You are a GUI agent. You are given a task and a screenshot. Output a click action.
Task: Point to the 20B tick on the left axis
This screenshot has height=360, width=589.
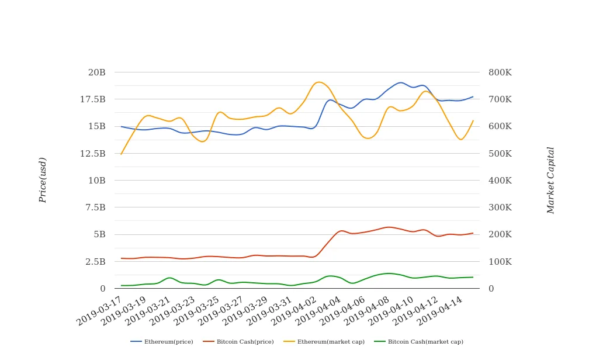pyautogui.click(x=96, y=72)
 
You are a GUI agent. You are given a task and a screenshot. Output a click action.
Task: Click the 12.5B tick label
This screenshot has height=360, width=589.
pyautogui.click(x=93, y=154)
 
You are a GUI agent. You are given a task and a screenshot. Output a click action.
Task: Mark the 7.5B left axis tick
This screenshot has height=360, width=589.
pyautogui.click(x=95, y=207)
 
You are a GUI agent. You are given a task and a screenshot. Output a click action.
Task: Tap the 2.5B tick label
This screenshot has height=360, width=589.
pyautogui.click(x=95, y=262)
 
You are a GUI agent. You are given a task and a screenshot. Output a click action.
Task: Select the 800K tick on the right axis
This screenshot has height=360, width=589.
pyautogui.click(x=500, y=72)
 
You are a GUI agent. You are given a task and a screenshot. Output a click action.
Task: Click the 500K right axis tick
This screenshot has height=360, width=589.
pyautogui.click(x=500, y=154)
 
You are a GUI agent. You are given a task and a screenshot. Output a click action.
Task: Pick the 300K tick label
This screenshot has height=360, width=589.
pyautogui.click(x=500, y=207)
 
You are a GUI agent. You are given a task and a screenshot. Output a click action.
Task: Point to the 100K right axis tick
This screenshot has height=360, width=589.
pyautogui.click(x=500, y=262)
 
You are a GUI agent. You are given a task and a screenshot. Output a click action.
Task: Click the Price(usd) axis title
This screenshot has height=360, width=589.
pyautogui.click(x=43, y=180)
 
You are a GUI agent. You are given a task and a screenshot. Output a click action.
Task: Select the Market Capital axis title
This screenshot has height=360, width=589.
pyautogui.click(x=550, y=180)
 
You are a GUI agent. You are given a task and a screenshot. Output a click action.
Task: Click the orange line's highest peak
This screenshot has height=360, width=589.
pyautogui.click(x=318, y=82)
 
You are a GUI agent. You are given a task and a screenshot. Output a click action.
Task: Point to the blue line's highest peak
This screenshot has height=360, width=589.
pyautogui.click(x=400, y=82)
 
